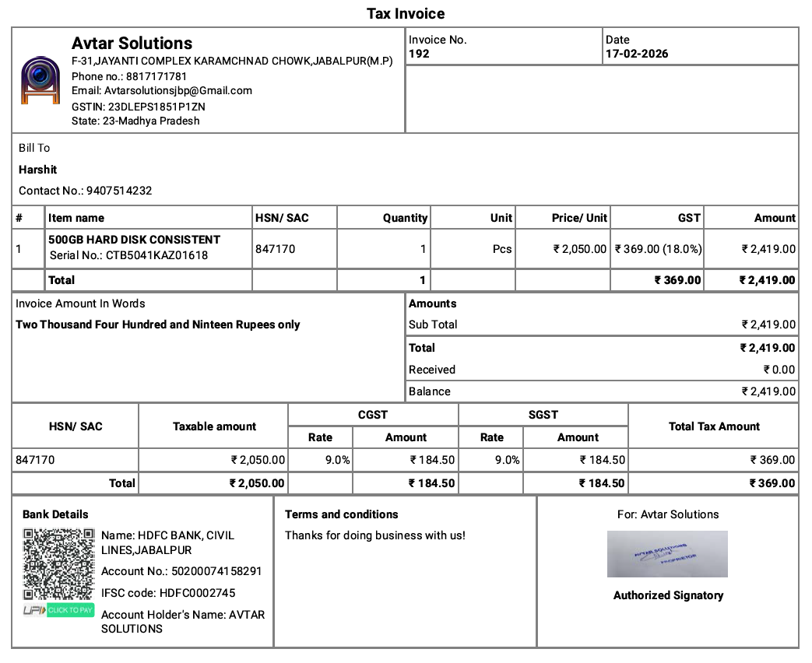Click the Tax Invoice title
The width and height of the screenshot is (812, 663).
tap(406, 14)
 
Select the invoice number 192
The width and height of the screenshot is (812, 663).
tap(419, 54)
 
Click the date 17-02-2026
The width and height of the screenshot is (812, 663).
tap(637, 54)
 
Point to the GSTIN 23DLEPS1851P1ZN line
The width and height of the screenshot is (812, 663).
tap(139, 107)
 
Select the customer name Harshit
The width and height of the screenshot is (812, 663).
tap(38, 170)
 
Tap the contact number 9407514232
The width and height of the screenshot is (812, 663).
tap(119, 191)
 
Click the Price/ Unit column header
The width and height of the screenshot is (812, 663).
tap(579, 218)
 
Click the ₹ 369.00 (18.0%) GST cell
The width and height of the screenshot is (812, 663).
tap(658, 249)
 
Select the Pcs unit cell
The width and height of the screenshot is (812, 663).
tap(502, 249)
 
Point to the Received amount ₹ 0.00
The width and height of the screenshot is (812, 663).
tap(779, 370)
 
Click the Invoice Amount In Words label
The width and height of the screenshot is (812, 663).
tap(80, 303)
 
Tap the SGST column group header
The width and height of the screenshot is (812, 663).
tap(543, 415)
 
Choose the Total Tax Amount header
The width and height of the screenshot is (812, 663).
tap(714, 426)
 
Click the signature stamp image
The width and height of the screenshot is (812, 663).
tap(667, 554)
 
